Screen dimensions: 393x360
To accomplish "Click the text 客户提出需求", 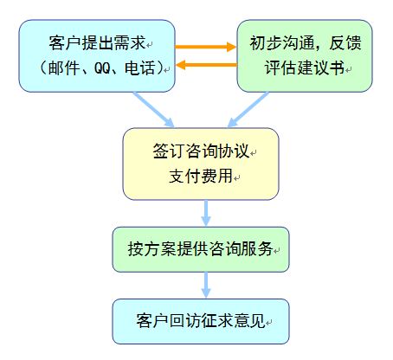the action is [x=97, y=43].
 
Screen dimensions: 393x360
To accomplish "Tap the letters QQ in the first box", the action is [x=102, y=68].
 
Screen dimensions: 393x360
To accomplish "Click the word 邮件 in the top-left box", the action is [x=64, y=68].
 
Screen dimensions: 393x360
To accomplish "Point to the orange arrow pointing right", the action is [x=206, y=47].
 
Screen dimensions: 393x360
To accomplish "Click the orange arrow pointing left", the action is [x=206, y=65].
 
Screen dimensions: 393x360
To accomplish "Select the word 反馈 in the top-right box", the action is [x=345, y=42].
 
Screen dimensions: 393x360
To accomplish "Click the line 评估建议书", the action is [x=305, y=67].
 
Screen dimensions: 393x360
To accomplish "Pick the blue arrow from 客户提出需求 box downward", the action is [x=153, y=109].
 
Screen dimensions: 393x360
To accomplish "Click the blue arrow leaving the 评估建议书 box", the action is [x=248, y=109].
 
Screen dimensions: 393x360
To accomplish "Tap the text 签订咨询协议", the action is [x=201, y=151].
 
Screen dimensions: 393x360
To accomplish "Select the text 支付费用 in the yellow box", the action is [x=201, y=176].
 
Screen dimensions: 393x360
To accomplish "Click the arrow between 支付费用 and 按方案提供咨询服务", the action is [x=206, y=213].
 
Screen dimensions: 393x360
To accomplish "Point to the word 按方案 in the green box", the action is [x=151, y=248].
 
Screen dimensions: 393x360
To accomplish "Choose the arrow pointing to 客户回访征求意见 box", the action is [x=206, y=285].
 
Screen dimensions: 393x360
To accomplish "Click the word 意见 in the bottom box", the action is [x=249, y=320].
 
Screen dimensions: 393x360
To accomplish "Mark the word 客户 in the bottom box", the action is [x=152, y=320].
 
